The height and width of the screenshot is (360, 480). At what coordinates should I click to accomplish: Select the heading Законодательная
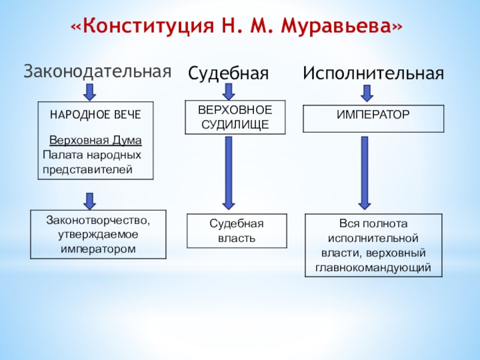[97, 71]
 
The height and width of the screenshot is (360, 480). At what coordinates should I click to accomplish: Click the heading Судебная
[227, 74]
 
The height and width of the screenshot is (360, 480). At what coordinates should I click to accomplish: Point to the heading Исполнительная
[373, 74]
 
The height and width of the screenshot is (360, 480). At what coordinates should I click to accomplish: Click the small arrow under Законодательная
[89, 92]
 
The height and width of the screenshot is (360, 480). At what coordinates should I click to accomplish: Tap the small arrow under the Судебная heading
[229, 91]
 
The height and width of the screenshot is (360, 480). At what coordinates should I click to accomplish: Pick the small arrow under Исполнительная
[367, 93]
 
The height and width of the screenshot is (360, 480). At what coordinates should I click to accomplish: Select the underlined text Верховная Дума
[95, 141]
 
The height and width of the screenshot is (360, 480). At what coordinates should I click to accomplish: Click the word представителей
[86, 169]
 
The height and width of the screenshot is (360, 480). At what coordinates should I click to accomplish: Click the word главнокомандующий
[374, 268]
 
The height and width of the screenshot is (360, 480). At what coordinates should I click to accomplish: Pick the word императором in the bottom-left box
[98, 248]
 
